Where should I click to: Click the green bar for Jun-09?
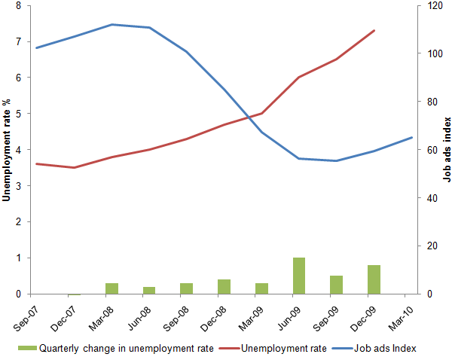click(299, 276)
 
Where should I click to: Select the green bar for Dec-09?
click(374, 279)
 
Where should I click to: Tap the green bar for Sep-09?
click(337, 285)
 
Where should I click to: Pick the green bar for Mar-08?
click(111, 288)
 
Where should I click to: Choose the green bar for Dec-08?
click(224, 287)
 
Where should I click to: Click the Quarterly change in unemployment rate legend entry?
click(115, 349)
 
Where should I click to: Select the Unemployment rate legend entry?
click(273, 349)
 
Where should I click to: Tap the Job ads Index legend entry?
click(374, 349)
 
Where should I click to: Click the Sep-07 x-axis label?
click(26, 319)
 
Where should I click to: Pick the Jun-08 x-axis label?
click(139, 319)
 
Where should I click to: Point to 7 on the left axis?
click(19, 41)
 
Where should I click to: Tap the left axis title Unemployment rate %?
click(6, 150)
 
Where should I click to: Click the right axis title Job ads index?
click(447, 150)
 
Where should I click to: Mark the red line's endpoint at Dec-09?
click(374, 30)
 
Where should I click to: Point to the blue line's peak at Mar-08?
click(111, 25)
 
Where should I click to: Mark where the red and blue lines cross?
click(249, 117)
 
